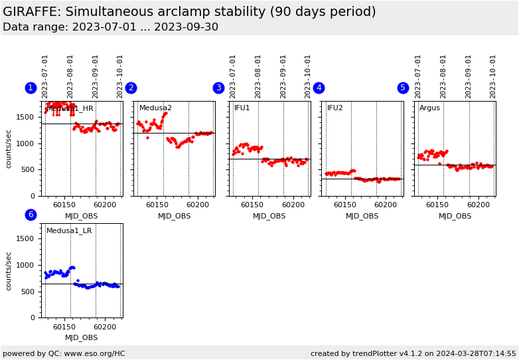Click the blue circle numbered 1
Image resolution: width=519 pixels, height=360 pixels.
pos(31,88)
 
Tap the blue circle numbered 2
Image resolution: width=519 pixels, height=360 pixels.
pos(131,88)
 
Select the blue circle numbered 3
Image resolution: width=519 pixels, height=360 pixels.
pos(218,88)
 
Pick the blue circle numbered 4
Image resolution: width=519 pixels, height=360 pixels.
pos(319,88)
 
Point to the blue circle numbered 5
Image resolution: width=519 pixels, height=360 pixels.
pos(403,88)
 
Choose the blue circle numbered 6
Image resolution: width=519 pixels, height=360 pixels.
pos(31,215)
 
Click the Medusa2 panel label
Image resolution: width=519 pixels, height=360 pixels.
pos(155,108)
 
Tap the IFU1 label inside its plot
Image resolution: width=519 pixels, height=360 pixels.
pos(242,108)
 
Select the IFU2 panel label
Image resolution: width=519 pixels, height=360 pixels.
pos(335,108)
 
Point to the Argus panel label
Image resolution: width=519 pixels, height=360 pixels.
pos(429,108)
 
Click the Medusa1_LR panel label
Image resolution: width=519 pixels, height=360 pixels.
pos(69,231)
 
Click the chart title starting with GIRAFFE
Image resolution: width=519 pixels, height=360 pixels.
pos(189,12)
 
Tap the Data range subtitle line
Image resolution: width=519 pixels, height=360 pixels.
pos(110,27)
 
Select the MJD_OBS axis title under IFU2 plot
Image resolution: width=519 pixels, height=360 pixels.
pos(362,217)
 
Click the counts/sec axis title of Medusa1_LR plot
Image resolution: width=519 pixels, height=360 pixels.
pos(9,270)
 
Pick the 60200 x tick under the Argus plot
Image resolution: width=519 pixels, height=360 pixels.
pos(479,206)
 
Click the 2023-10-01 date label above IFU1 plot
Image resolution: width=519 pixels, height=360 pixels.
pos(308,76)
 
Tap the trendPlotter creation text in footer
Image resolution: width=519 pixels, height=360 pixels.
pos(413,353)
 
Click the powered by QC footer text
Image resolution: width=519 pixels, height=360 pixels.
pos(64,353)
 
